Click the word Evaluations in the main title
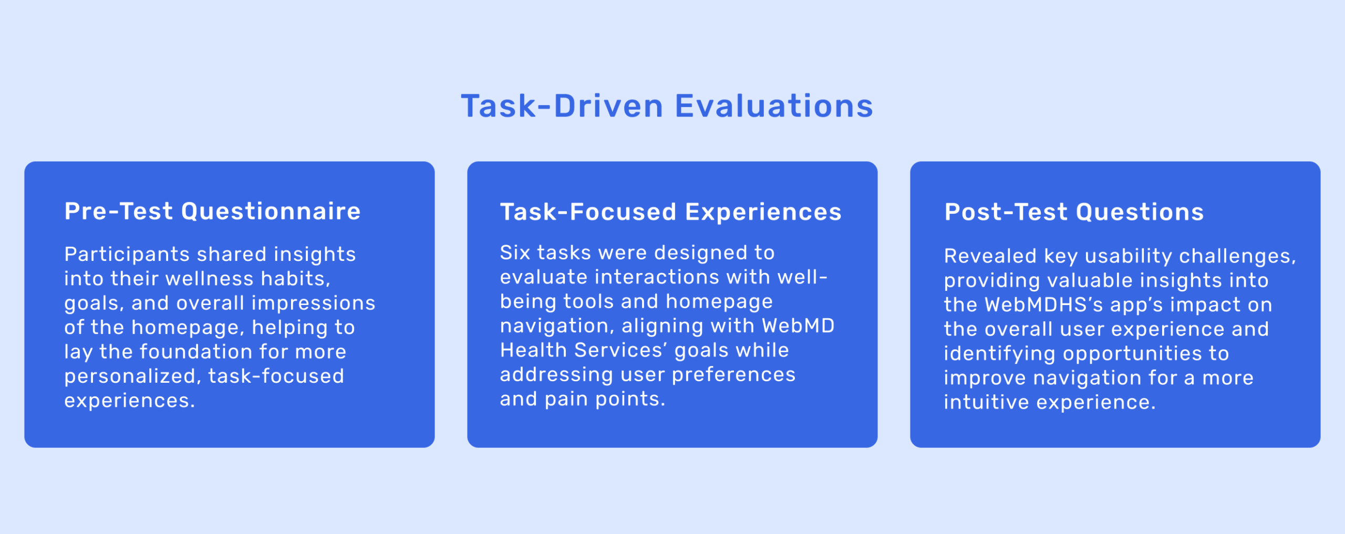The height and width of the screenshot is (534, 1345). click(x=773, y=106)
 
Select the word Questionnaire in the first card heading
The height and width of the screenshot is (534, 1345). click(x=271, y=211)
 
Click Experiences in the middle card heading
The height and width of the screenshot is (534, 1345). click(x=763, y=213)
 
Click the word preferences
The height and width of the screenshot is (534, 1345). click(x=733, y=375)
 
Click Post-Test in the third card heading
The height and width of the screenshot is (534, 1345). click(x=1006, y=212)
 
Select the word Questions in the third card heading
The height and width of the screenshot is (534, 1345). click(x=1140, y=212)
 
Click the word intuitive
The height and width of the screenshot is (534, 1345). click(x=986, y=402)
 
